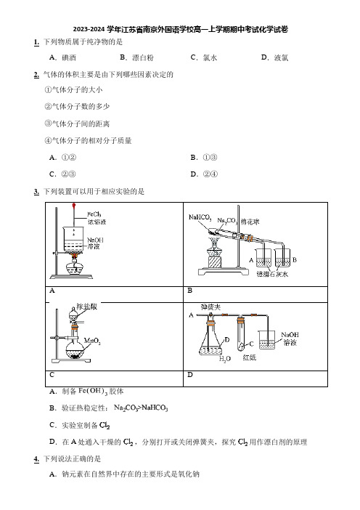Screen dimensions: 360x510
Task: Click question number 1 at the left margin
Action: click(36, 42)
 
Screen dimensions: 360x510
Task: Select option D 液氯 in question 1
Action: click(274, 57)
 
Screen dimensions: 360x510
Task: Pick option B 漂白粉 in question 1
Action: click(136, 57)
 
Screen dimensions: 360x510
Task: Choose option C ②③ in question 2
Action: click(62, 174)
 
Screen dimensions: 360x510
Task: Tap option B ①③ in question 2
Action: click(204, 158)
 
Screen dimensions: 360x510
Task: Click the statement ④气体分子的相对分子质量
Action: click(88, 140)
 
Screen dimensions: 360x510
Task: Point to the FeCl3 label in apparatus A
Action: click(94, 214)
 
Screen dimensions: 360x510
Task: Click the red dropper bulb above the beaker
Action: click(74, 206)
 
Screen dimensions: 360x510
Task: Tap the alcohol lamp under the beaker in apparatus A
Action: click(75, 266)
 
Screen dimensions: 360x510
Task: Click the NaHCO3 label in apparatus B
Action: click(200, 217)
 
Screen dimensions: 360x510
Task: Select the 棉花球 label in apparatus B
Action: click(250, 222)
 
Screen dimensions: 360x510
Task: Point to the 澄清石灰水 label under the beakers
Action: click(272, 274)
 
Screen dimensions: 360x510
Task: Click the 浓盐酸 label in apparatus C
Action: click(87, 307)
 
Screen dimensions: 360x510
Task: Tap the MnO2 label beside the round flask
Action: click(92, 341)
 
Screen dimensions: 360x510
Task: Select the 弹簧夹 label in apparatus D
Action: click(210, 307)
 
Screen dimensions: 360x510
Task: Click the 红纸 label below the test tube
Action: click(249, 357)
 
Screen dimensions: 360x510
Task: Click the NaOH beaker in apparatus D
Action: click(267, 340)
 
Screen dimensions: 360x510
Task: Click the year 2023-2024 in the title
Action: click(89, 30)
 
